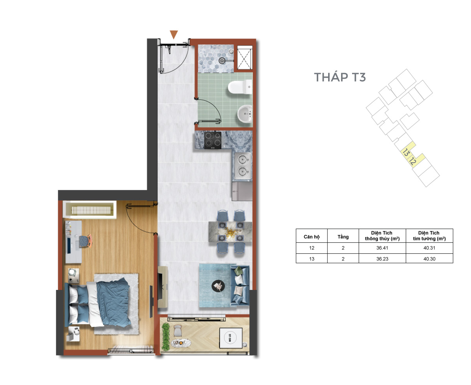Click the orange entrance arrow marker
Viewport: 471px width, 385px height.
click(173, 35)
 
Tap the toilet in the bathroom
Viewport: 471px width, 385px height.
click(240, 87)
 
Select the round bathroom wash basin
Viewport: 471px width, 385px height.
click(245, 114)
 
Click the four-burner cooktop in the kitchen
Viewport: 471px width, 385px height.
click(213, 140)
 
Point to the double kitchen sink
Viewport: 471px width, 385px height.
click(242, 166)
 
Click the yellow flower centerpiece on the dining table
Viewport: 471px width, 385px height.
click(230, 232)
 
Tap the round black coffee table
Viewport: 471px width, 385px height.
click(218, 286)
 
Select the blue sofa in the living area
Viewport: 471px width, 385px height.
click(240, 286)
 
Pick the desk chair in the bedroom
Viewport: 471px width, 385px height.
click(86, 241)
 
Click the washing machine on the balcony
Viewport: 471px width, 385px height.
click(231, 338)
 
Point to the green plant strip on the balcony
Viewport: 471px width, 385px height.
click(166, 337)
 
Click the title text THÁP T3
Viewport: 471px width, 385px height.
click(340, 77)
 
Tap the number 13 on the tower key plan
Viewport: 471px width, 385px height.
click(406, 153)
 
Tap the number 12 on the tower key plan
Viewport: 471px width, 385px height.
click(413, 161)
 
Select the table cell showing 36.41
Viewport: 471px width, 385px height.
click(382, 248)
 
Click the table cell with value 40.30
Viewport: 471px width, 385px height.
click(429, 258)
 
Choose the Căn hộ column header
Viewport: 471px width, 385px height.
click(312, 237)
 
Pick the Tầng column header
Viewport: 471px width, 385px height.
click(343, 237)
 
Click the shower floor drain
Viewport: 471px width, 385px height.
click(222, 60)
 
